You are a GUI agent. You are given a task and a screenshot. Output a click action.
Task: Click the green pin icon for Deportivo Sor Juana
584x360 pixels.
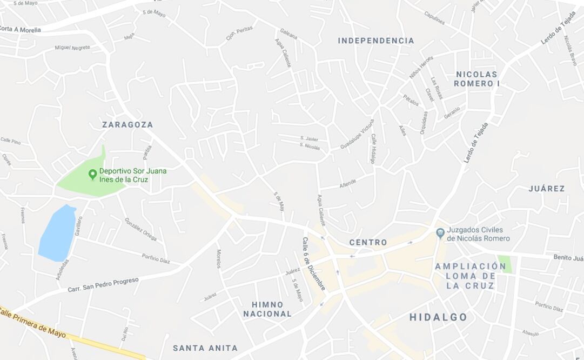click(x=92, y=174)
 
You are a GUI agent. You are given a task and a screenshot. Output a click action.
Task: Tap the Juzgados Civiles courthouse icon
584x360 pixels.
click(x=440, y=232)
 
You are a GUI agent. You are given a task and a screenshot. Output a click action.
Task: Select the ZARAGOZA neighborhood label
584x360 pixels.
click(x=127, y=125)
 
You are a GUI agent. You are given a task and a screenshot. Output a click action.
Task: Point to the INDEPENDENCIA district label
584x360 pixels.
click(x=376, y=41)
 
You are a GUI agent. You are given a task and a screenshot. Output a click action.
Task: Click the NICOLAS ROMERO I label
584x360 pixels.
click(x=476, y=79)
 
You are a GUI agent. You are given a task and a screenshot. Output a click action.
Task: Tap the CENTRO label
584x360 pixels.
click(x=368, y=242)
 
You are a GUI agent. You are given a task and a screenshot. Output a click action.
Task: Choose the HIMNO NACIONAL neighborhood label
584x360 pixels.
click(x=267, y=309)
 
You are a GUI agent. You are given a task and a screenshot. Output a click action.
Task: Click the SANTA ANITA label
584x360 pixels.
click(x=205, y=348)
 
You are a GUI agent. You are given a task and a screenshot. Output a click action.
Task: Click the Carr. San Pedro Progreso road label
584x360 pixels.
click(x=103, y=285)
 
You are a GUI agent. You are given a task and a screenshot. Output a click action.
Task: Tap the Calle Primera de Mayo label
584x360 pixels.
click(x=32, y=322)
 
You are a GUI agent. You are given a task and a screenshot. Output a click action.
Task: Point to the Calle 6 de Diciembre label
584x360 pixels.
click(x=314, y=264)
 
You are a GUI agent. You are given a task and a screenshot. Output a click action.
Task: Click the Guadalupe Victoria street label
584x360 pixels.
click(x=357, y=135)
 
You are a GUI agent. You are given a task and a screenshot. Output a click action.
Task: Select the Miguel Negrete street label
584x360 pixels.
click(x=72, y=48)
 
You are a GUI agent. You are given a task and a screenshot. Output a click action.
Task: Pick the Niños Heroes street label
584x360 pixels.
click(x=421, y=68)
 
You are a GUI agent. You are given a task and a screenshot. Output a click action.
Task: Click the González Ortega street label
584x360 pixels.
click(x=140, y=229)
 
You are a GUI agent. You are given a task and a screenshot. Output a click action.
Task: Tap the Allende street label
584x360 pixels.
click(x=347, y=183)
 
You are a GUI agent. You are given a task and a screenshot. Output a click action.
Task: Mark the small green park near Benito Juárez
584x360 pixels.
click(x=505, y=264)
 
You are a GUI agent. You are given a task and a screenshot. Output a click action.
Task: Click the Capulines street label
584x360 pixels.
click(x=434, y=18)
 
